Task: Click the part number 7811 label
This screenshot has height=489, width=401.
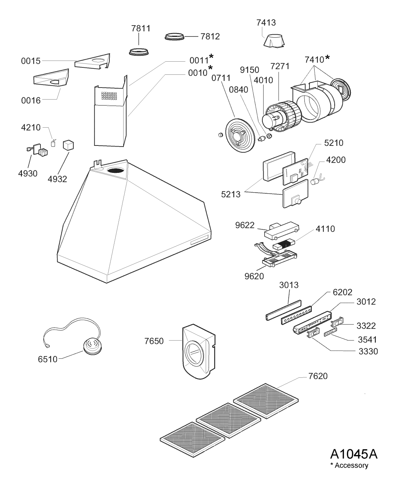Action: tap(141, 28)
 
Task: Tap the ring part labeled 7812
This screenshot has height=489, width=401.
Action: tap(174, 36)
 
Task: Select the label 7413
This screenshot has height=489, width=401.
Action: tap(266, 23)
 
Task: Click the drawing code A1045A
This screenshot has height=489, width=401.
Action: tap(354, 461)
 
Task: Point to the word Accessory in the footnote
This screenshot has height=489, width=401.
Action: tap(351, 472)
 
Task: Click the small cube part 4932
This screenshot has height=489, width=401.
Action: tap(69, 145)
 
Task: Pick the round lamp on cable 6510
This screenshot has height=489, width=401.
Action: tap(92, 346)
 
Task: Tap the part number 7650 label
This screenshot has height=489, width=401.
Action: tap(154, 341)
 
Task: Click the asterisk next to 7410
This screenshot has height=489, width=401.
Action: tap(327, 57)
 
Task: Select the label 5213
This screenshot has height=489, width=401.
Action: tap(231, 194)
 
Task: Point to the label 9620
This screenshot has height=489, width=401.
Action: tap(254, 276)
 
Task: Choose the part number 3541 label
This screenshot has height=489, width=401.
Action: tap(367, 340)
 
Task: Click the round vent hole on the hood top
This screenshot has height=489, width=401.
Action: tap(116, 171)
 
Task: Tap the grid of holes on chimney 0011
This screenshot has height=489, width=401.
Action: tap(109, 96)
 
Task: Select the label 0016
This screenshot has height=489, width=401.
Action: tap(31, 101)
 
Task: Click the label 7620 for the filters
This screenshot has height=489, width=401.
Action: tap(318, 376)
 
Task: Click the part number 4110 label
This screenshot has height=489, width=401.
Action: tap(325, 229)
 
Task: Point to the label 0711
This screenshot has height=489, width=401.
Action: tap(221, 78)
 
